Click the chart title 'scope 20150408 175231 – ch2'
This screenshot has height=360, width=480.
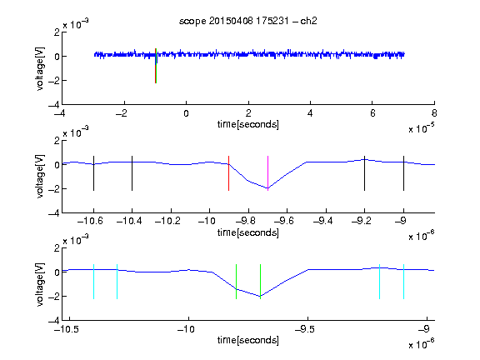[x=248, y=21]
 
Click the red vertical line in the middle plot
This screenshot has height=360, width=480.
[x=228, y=173]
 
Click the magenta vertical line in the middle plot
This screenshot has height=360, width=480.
[x=267, y=173]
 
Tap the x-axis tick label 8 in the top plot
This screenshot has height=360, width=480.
[x=434, y=113]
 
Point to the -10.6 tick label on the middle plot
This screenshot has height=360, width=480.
[x=90, y=221]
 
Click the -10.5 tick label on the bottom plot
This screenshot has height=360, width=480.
[x=67, y=329]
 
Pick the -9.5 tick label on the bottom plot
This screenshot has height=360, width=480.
[x=306, y=329]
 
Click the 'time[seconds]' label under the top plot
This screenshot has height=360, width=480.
[x=248, y=124]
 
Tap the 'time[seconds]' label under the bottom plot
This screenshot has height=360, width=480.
[x=248, y=340]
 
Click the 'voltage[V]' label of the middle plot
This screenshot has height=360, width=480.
[x=40, y=177]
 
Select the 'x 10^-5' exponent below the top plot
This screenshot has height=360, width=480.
[x=422, y=128]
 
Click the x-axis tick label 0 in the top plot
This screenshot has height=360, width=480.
[x=186, y=113]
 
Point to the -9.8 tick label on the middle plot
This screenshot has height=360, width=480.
[x=246, y=221]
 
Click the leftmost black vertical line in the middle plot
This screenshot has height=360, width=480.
[x=93, y=173]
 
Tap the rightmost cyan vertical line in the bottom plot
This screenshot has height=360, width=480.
[x=403, y=282]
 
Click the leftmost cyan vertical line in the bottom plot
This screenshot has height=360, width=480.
[x=93, y=282]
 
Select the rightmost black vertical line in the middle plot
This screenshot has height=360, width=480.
[x=403, y=173]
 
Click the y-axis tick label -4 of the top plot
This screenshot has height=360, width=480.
[x=54, y=105]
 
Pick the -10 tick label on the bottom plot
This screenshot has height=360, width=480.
[x=186, y=329]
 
